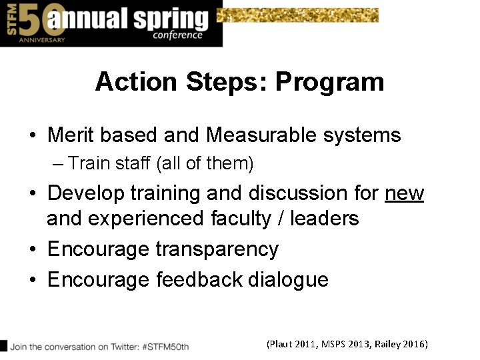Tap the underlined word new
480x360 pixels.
(404, 193)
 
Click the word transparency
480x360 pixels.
(217, 249)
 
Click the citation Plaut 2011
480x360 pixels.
(293, 344)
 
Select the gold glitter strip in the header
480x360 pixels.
(298, 15)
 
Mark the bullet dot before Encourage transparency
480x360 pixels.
(33, 250)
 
